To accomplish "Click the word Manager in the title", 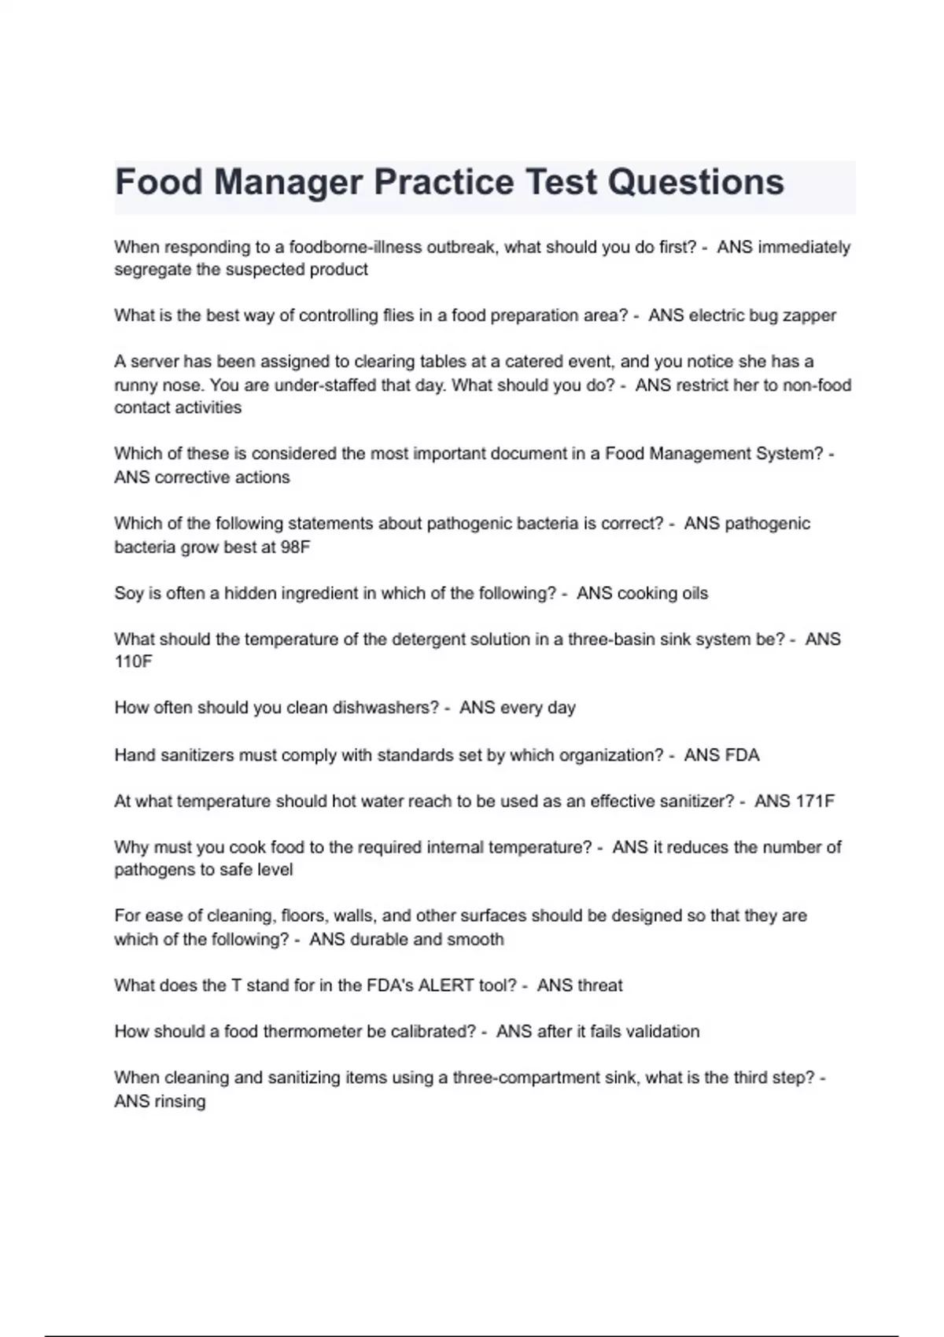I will point(288,182).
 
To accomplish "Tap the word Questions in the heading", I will point(696,182).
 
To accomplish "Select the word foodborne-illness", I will point(356,247).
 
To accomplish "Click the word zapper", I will point(809,315).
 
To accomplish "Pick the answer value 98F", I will point(295,547).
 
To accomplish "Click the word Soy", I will point(128,593).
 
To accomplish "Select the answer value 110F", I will point(133,661).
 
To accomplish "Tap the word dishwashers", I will point(385,708).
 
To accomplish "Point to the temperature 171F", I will point(816,801).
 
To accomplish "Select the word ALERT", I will point(445,985).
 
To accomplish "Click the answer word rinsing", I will point(179,1101).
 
